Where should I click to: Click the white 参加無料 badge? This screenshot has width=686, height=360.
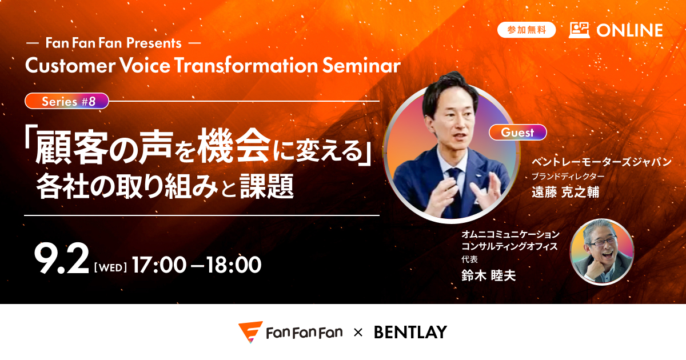click(526, 30)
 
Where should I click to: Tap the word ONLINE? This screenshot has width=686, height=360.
click(629, 30)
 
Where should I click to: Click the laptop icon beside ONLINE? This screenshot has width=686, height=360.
click(579, 30)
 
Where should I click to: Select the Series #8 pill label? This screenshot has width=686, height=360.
click(67, 101)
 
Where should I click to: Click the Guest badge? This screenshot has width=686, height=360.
click(517, 132)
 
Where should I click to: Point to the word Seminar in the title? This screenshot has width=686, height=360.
click(361, 65)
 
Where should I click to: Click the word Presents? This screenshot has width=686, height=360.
click(154, 43)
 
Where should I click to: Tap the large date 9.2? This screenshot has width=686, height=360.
click(61, 259)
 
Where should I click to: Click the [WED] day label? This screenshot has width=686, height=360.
click(110, 267)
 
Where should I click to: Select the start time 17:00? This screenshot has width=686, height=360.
click(159, 265)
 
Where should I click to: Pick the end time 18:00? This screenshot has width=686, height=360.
click(234, 265)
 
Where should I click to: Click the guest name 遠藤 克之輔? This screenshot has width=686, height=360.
click(565, 192)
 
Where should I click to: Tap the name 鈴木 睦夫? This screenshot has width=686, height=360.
click(488, 275)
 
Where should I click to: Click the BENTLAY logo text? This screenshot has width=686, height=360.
click(410, 333)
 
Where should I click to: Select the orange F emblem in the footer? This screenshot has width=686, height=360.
click(250, 332)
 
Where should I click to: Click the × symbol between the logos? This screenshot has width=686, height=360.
click(358, 333)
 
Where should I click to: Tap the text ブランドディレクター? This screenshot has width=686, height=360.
click(568, 177)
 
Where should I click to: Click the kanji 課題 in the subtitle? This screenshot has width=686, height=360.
click(267, 186)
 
